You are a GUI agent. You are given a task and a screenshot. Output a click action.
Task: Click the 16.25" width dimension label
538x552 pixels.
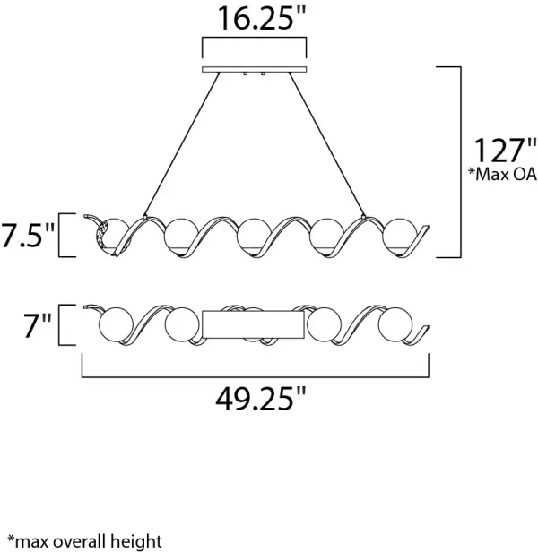pyautogui.click(x=255, y=20)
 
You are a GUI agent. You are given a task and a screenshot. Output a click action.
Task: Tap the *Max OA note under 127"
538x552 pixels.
pyautogui.click(x=501, y=174)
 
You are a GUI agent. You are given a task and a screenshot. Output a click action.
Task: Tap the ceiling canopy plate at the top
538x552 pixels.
pyautogui.click(x=255, y=69)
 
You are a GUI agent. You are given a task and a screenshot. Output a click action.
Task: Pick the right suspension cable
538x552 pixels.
pyautogui.click(x=328, y=147)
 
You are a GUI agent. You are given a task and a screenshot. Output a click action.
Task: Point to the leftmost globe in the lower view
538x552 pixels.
pyautogui.click(x=115, y=323)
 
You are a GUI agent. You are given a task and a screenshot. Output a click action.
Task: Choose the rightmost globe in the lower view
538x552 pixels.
pyautogui.click(x=394, y=323)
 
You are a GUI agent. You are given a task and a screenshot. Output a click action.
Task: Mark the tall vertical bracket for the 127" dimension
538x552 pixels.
pyautogui.click(x=459, y=161)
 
